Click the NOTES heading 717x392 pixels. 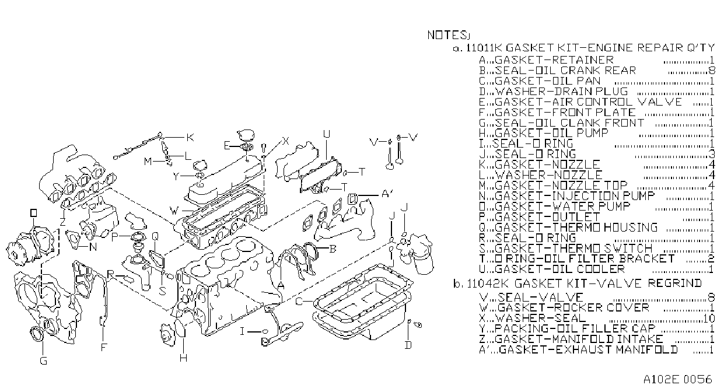pos(447,35)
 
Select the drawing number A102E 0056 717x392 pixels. pos(678,379)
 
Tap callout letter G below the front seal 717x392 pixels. pos(43,361)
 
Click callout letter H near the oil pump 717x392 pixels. pos(183,358)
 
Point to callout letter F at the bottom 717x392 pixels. pos(103,347)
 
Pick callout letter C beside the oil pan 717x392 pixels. pos(299,302)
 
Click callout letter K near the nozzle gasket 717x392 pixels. pos(190,137)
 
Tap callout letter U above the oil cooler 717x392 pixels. pos(326,134)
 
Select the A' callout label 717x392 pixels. pos(387,194)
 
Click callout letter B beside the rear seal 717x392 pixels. pos(333,249)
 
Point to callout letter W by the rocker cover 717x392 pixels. pos(174,211)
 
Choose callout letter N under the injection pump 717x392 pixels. pos(93,247)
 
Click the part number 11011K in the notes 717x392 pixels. pos(484,48)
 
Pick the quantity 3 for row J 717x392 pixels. pos(712,155)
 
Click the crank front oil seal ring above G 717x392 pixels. pos(37,334)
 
